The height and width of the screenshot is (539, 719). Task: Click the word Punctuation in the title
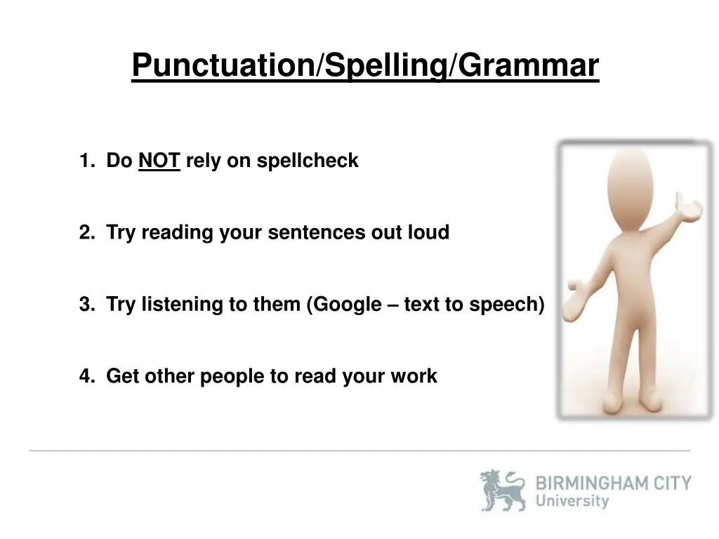click(x=223, y=65)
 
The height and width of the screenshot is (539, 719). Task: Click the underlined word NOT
click(x=159, y=161)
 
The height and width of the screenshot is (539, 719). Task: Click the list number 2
click(x=86, y=233)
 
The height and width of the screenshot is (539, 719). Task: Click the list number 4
click(x=86, y=376)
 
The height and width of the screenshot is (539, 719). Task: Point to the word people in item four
click(x=231, y=376)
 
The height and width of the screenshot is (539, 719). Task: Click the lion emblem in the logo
click(x=503, y=490)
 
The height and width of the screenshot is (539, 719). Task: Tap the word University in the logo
click(x=572, y=501)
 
